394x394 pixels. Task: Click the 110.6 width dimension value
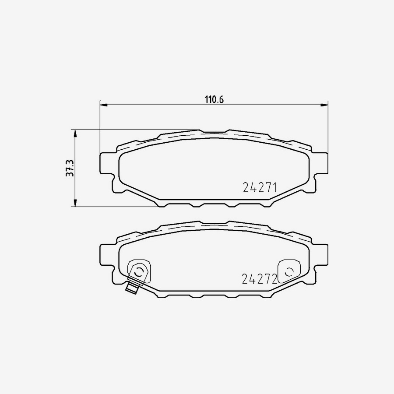[215, 99]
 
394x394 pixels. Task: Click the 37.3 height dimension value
[69, 168]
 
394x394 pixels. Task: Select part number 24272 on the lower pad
[260, 278]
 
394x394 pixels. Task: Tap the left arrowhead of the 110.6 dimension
[103, 104]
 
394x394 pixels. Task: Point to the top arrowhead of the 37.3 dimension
[75, 133]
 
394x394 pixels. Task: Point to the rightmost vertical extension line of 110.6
[327, 127]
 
